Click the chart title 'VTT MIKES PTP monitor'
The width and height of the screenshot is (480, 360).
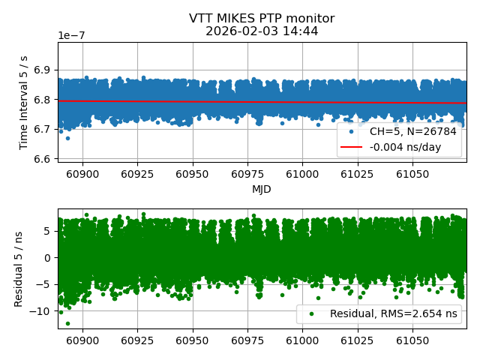pos(262,19)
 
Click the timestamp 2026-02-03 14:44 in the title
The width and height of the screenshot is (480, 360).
pos(262,31)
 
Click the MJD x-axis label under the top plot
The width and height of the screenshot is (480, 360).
pos(262,189)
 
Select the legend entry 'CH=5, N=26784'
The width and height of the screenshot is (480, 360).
pos(413,131)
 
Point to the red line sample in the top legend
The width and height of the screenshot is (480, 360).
pos(351,147)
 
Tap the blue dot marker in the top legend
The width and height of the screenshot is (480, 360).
pos(351,131)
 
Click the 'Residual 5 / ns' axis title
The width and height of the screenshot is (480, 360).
pos(19,268)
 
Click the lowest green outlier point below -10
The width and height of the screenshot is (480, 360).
pos(67,323)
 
